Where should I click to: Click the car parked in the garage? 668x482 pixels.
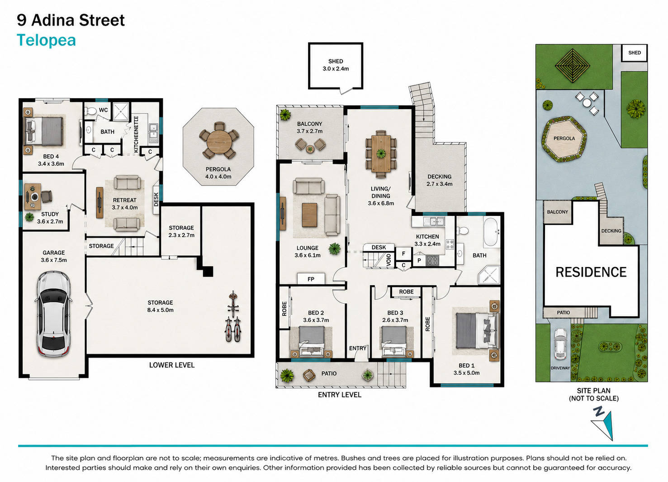tap(54, 314)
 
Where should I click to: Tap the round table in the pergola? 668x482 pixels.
tap(219, 142)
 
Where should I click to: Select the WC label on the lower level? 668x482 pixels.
tap(103, 110)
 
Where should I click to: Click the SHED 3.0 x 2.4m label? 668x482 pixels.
tap(336, 65)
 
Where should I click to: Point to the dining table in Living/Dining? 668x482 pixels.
tap(381, 154)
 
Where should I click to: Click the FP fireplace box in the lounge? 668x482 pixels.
tap(311, 279)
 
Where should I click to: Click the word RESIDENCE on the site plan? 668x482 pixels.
tap(591, 272)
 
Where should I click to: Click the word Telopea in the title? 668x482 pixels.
tap(46, 41)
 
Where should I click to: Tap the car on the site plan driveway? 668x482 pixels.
tap(560, 344)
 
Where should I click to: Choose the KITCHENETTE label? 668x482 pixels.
tap(136, 134)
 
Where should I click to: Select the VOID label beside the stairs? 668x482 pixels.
tap(388, 260)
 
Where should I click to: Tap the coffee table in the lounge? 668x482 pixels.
tap(309, 215)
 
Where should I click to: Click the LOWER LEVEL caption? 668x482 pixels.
tap(172, 365)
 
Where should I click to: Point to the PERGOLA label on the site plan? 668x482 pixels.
tap(564, 138)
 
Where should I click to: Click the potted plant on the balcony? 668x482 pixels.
tap(285, 115)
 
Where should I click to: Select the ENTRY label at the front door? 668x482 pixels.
tap(358, 348)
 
